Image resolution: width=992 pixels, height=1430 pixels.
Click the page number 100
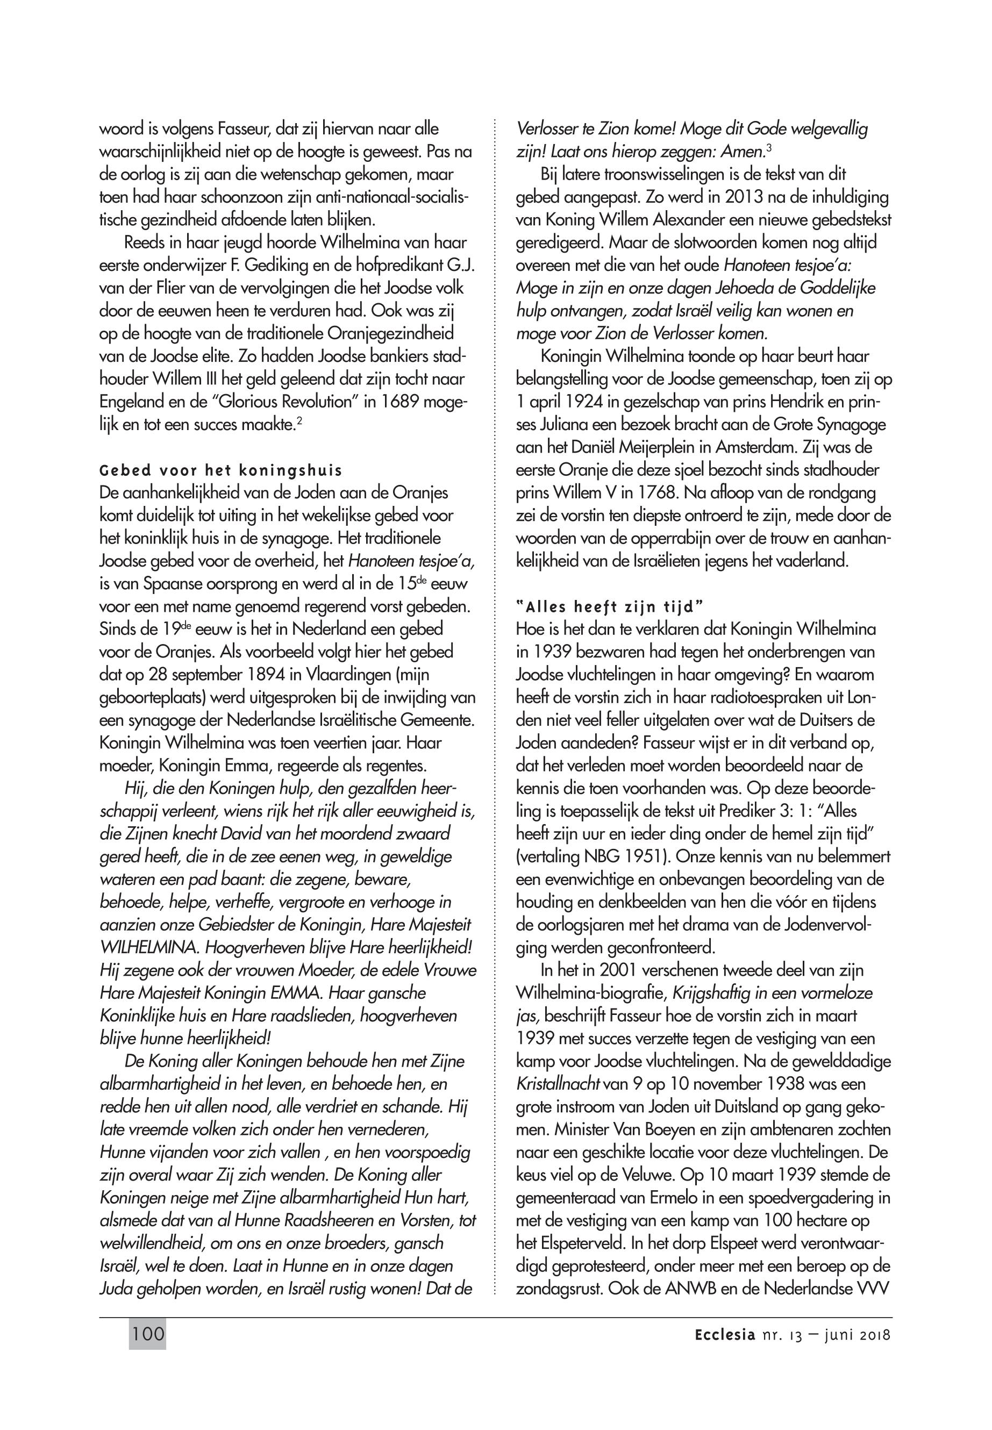click(148, 1334)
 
